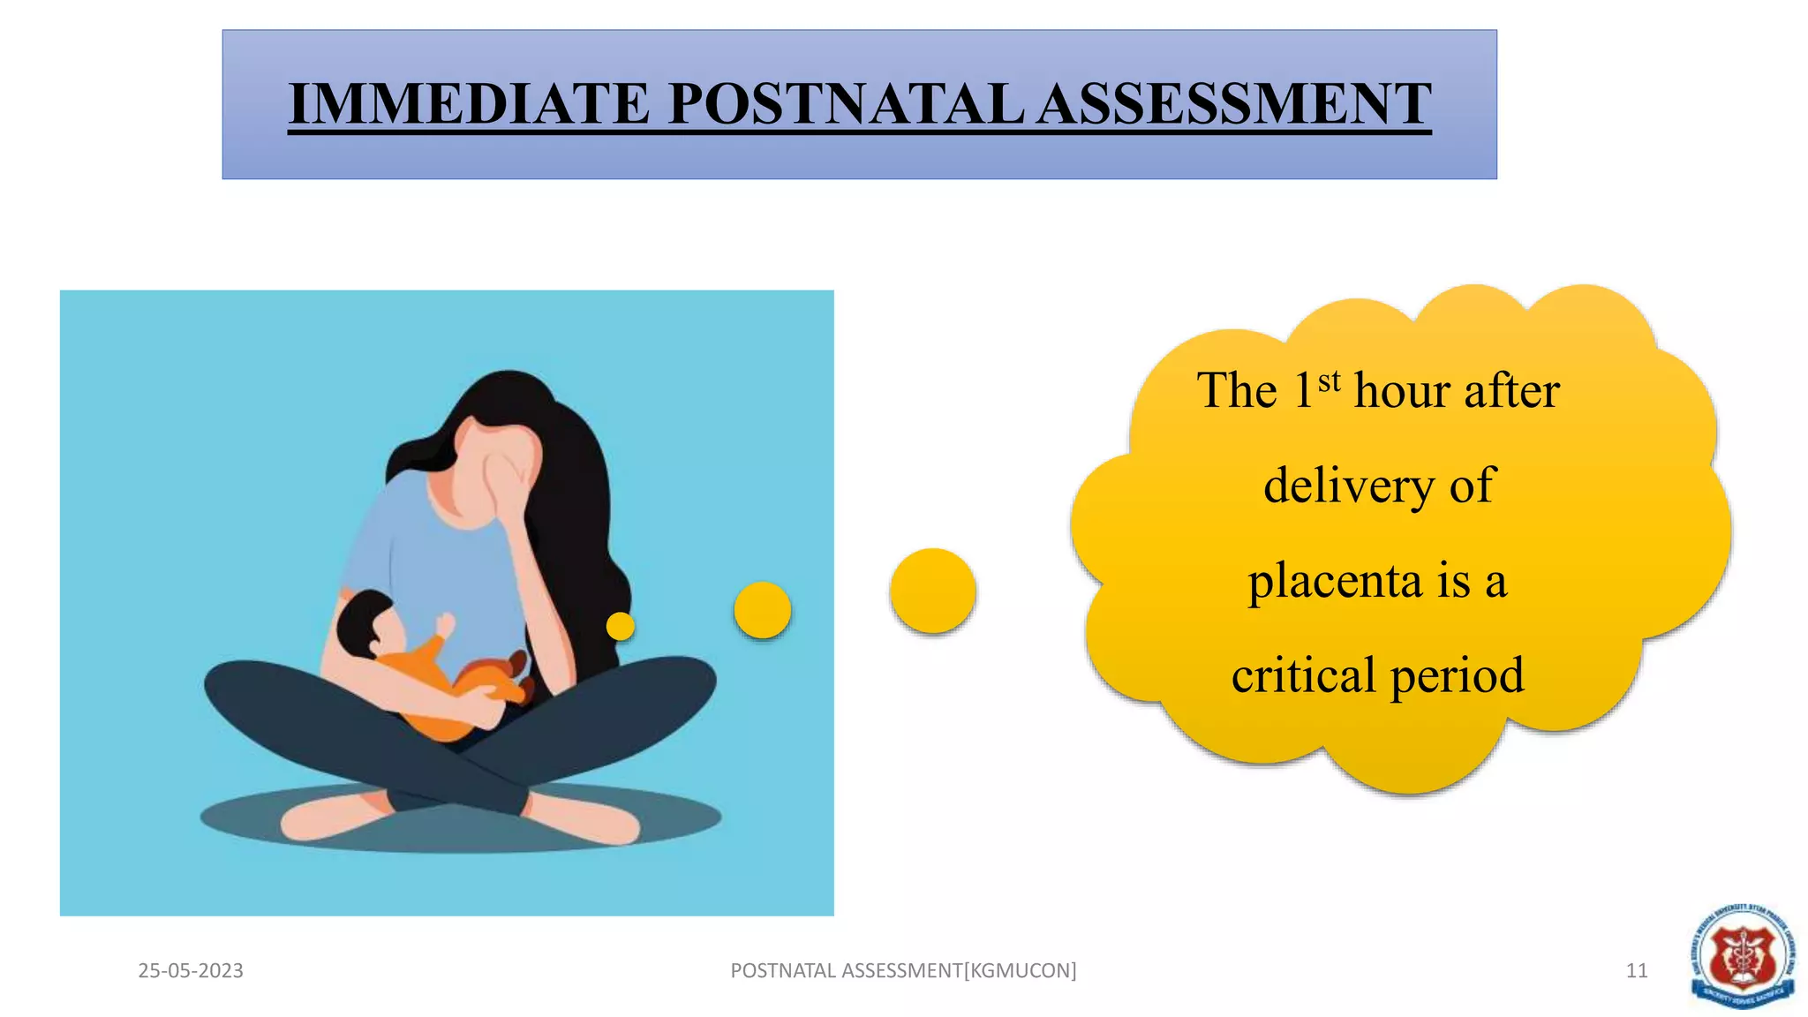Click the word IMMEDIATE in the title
[x=469, y=104]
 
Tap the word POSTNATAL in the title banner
[x=846, y=104]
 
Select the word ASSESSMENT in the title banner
[x=1233, y=104]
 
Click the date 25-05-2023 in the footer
[x=191, y=971]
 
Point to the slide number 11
[x=1637, y=971]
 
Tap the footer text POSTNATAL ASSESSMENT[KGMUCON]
[x=903, y=971]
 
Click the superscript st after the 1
[x=1330, y=381]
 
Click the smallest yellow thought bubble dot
[x=621, y=626]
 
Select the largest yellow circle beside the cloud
[x=932, y=591]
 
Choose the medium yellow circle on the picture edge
[x=763, y=610]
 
